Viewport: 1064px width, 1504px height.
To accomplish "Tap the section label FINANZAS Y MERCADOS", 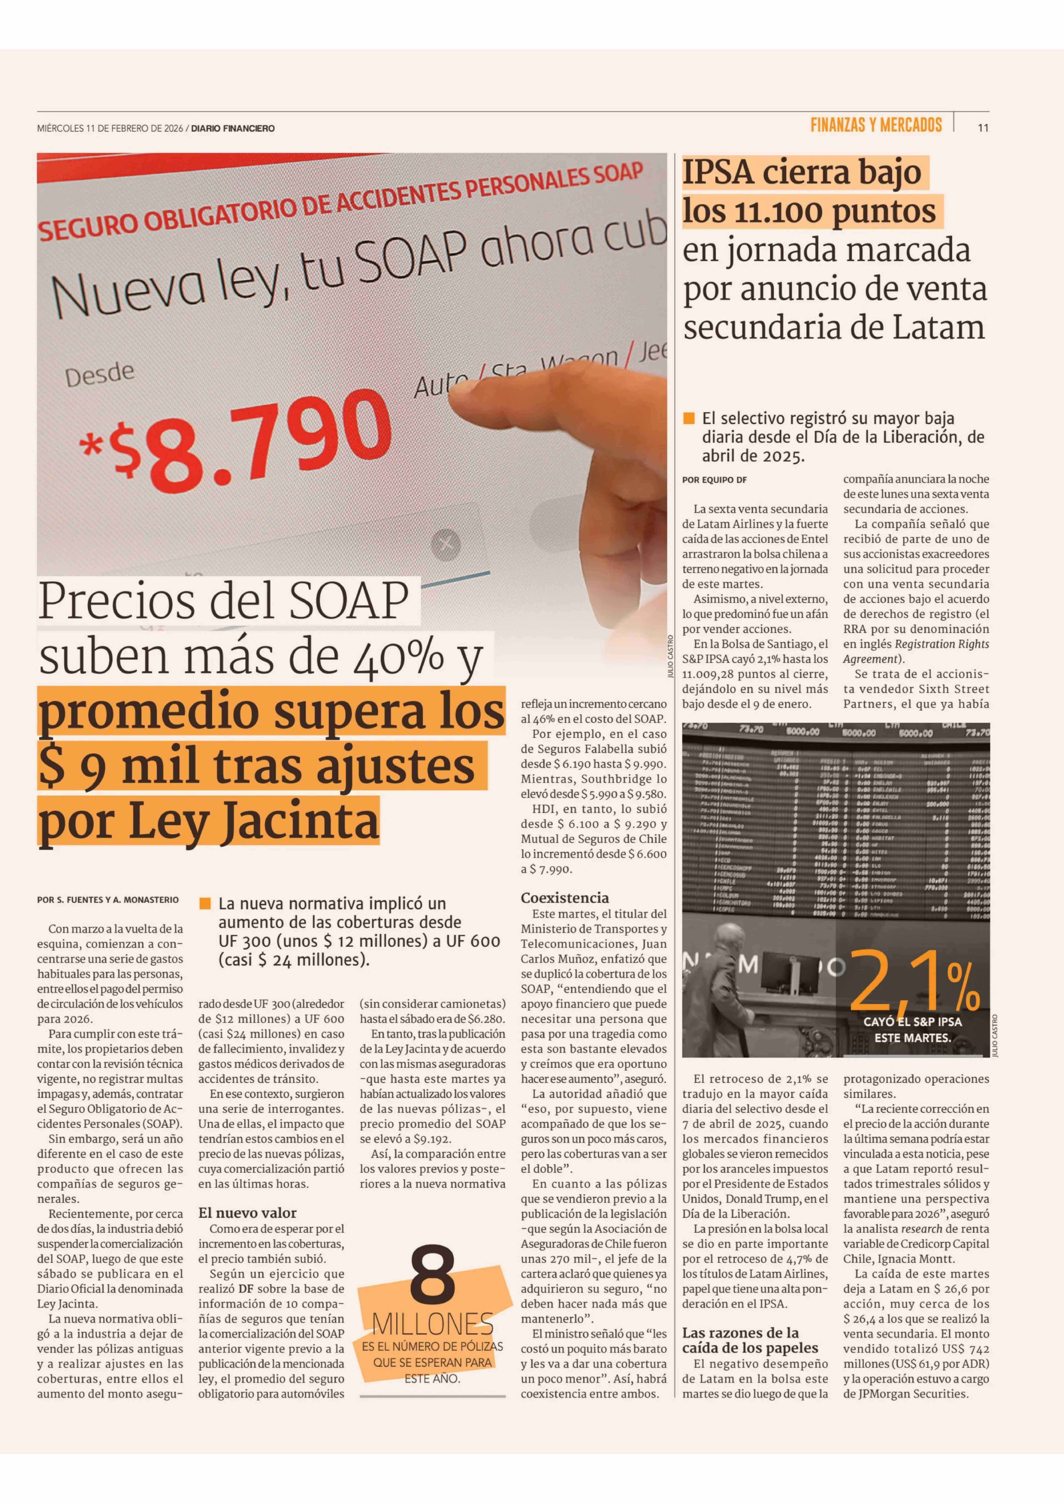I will (x=876, y=125).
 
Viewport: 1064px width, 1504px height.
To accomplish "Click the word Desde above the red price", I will (x=100, y=374).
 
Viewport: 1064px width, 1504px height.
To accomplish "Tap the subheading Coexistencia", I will (x=565, y=897).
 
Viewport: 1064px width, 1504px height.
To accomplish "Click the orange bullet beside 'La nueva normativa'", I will (x=205, y=903).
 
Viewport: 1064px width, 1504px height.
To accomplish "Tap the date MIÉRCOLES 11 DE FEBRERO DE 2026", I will (x=110, y=128).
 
